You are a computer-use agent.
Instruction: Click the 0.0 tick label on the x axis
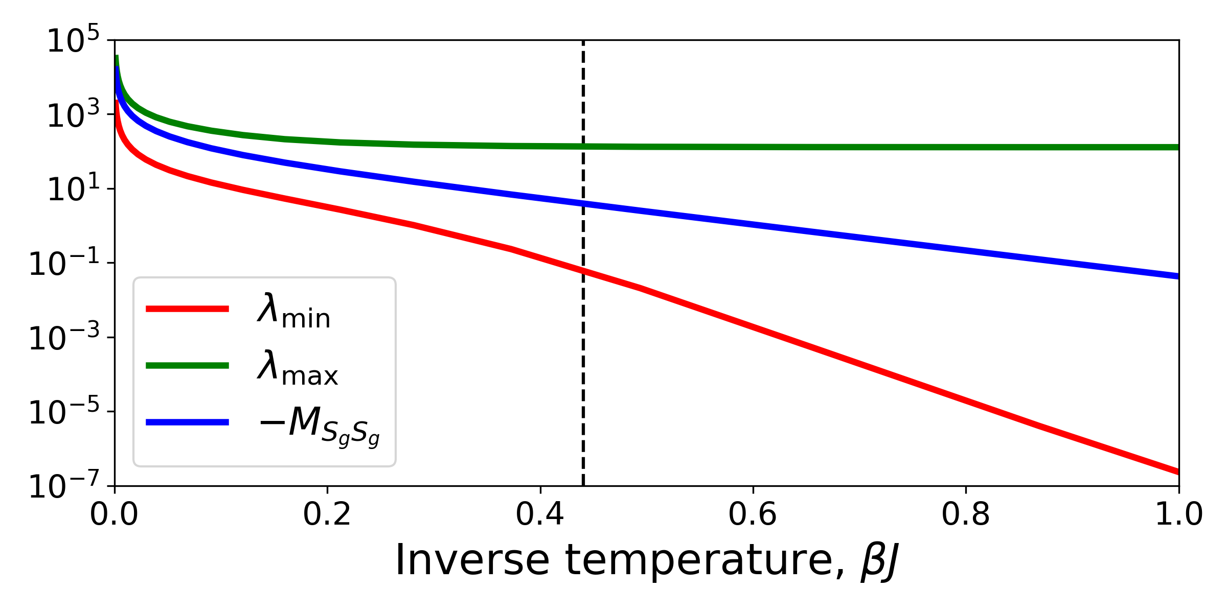114,514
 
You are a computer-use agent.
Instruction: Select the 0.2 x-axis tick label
327,514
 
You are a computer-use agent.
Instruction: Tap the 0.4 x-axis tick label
540,514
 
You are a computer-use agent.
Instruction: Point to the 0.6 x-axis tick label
753,514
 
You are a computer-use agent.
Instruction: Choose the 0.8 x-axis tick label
966,514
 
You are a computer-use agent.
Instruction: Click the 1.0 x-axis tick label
1179,514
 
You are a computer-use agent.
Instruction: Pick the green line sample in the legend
187,365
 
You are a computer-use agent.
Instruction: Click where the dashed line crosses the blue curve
583,203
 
